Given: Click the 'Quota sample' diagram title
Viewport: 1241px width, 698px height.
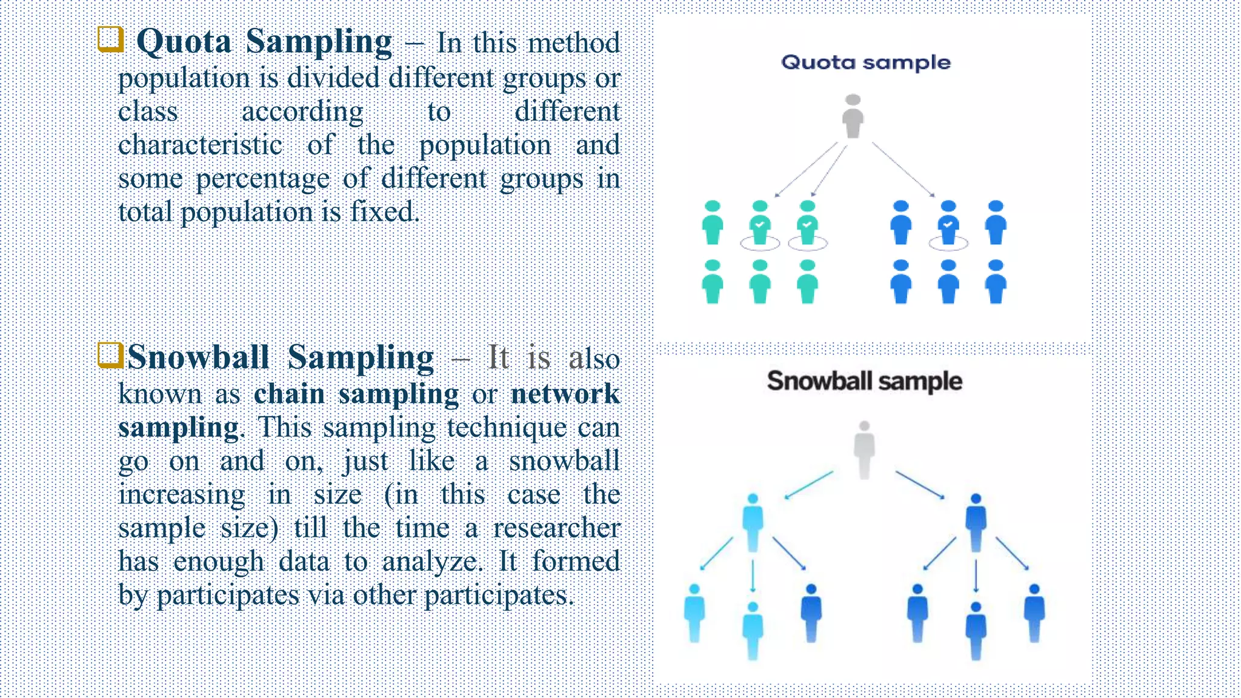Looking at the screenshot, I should [865, 62].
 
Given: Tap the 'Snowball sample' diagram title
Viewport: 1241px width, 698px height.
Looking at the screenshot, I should [864, 381].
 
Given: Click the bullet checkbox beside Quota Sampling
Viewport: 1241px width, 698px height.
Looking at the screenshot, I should [110, 39].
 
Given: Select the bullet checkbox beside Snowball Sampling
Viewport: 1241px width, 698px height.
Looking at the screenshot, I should [110, 355].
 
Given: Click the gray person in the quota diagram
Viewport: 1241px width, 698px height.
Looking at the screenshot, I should [853, 116].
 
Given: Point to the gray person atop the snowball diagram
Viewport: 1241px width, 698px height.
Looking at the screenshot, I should [864, 449].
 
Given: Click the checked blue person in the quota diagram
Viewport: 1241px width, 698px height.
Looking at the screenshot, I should [948, 224].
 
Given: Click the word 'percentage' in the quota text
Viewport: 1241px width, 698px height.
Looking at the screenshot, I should [263, 179].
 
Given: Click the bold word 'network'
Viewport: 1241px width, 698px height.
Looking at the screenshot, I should [565, 394].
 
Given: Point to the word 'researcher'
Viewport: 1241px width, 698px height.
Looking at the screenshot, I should [556, 528].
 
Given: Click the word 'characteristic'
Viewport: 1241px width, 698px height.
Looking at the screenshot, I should [200, 145].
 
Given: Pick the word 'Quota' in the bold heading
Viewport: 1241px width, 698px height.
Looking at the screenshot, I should [184, 42].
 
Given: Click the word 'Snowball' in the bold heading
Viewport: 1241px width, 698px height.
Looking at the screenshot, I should [198, 357].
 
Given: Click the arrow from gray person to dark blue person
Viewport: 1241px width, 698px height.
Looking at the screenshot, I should [920, 485].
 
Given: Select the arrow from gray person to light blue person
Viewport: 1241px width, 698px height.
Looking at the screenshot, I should [809, 485].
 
